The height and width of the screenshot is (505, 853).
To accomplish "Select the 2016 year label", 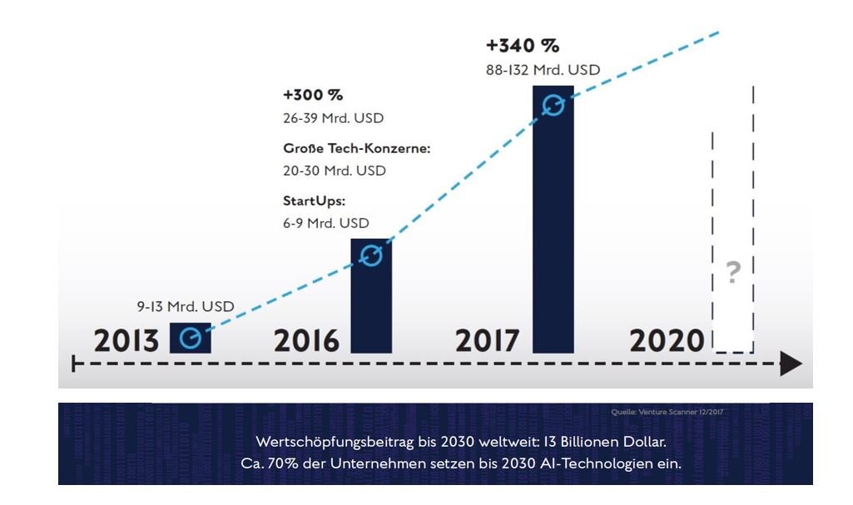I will pyautogui.click(x=308, y=341).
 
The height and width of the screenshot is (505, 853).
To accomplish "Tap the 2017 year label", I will pyautogui.click(x=488, y=341).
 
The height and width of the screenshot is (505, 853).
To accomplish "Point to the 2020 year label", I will pyautogui.click(x=667, y=341).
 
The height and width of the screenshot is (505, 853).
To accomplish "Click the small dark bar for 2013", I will pyautogui.click(x=191, y=338).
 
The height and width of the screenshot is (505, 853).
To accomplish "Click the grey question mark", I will pyautogui.click(x=732, y=273).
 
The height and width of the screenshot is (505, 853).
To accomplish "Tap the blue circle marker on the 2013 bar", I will pyautogui.click(x=191, y=338).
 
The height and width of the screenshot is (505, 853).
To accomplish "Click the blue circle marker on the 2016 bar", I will pyautogui.click(x=371, y=255).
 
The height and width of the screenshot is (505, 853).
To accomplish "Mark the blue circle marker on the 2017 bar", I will pyautogui.click(x=553, y=105).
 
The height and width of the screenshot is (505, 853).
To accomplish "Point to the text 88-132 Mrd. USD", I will pyautogui.click(x=542, y=71).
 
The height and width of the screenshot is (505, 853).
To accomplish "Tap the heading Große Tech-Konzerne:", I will pyautogui.click(x=357, y=149).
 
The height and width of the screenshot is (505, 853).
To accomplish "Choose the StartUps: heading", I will pyautogui.click(x=314, y=201).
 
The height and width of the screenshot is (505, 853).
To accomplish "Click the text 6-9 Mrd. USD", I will pyautogui.click(x=325, y=223).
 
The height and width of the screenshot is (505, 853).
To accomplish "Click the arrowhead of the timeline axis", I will pyautogui.click(x=791, y=364).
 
